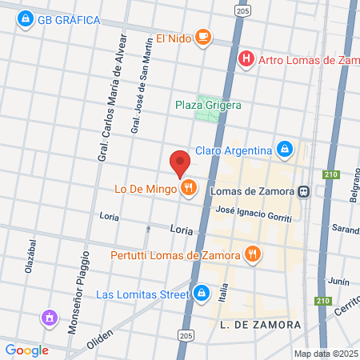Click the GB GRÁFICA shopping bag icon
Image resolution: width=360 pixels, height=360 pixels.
[x=26, y=18]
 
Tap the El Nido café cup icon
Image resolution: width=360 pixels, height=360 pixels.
[x=204, y=37]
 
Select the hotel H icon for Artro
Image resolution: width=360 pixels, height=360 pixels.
[x=247, y=58]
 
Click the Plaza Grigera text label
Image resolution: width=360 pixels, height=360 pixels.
[x=208, y=104]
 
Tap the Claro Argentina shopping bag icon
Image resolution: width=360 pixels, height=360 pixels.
[x=284, y=150]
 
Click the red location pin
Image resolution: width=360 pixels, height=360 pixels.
[x=180, y=163]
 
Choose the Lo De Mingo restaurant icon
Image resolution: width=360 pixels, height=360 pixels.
[x=189, y=189]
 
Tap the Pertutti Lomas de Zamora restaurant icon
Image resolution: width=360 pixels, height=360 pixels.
[x=253, y=255]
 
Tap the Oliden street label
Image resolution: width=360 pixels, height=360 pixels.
[x=100, y=338]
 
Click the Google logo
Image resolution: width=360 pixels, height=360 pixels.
[x=26, y=350]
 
